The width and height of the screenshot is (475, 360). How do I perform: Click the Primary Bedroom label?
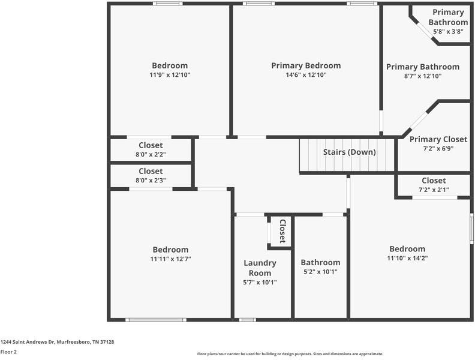point(306,65)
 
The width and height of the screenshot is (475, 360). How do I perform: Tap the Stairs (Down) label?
point(350,152)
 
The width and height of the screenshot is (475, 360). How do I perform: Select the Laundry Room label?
point(260,268)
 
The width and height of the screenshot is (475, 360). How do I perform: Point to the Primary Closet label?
point(438,139)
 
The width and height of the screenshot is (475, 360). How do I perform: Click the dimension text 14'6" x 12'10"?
point(306,75)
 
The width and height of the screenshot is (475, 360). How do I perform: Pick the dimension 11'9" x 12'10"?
point(170,75)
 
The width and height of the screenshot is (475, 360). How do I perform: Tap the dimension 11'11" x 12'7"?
point(170,259)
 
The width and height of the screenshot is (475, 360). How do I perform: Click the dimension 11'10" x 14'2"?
point(407,258)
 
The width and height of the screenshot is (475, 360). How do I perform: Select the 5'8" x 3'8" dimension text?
point(448,32)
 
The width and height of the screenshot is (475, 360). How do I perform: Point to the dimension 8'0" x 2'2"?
point(151,154)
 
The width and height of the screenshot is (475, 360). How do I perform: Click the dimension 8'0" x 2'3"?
point(151,180)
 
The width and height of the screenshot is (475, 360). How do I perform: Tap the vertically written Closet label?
point(282,230)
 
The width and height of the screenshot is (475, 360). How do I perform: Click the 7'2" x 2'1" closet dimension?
point(434,190)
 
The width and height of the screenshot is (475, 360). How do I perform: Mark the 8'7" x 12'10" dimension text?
point(422,76)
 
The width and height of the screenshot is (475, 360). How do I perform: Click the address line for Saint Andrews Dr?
point(57,342)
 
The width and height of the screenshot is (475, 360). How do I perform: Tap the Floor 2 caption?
point(8,352)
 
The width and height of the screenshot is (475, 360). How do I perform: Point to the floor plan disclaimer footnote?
point(290,354)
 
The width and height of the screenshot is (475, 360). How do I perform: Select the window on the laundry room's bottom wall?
point(248,320)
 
